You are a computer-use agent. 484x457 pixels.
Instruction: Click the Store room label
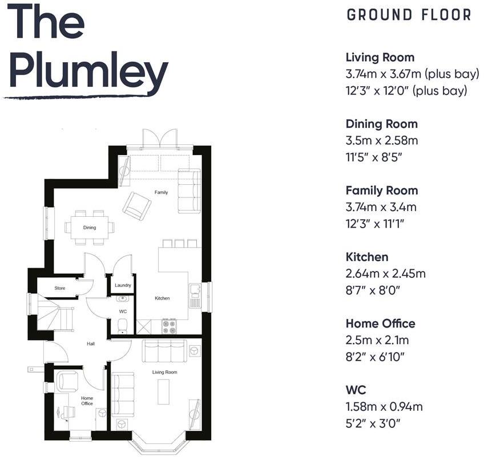click(x=60, y=288)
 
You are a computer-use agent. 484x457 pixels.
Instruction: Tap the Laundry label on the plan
click(x=123, y=285)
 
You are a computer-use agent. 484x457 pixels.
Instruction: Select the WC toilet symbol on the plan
click(x=122, y=326)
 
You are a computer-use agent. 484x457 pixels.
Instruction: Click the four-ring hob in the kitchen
click(x=170, y=326)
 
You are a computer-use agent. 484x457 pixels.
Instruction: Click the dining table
click(x=90, y=228)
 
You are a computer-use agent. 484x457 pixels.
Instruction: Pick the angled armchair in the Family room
click(x=137, y=205)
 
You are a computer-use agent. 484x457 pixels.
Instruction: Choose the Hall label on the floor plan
click(x=90, y=344)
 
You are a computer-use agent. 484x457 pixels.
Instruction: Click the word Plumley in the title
click(x=88, y=71)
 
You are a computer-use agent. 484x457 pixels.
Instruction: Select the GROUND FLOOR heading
click(x=409, y=15)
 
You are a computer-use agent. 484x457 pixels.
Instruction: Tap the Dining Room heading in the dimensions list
click(x=381, y=124)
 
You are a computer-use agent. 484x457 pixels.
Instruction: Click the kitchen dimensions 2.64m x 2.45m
click(x=385, y=274)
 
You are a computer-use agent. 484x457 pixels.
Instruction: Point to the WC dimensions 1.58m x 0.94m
click(x=384, y=407)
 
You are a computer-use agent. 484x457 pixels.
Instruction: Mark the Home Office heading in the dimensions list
click(x=380, y=323)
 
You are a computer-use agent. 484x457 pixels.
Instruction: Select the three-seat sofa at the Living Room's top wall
click(x=164, y=351)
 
